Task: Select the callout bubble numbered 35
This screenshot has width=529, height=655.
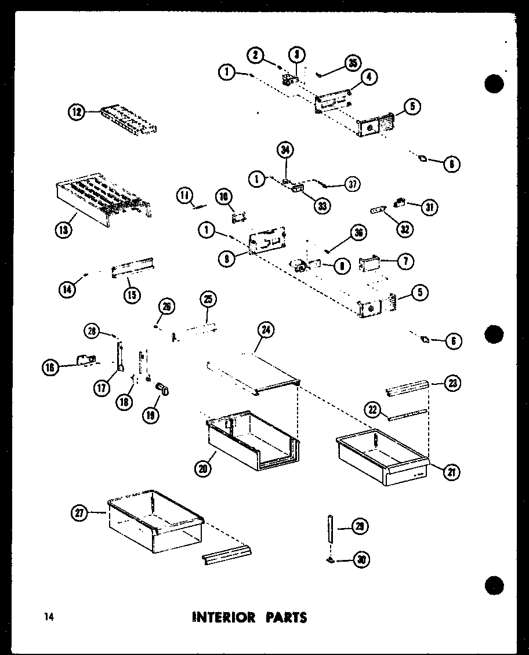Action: pos(352,64)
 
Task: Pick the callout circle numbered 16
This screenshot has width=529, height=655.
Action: pos(50,366)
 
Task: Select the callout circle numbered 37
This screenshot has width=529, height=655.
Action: pos(352,184)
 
